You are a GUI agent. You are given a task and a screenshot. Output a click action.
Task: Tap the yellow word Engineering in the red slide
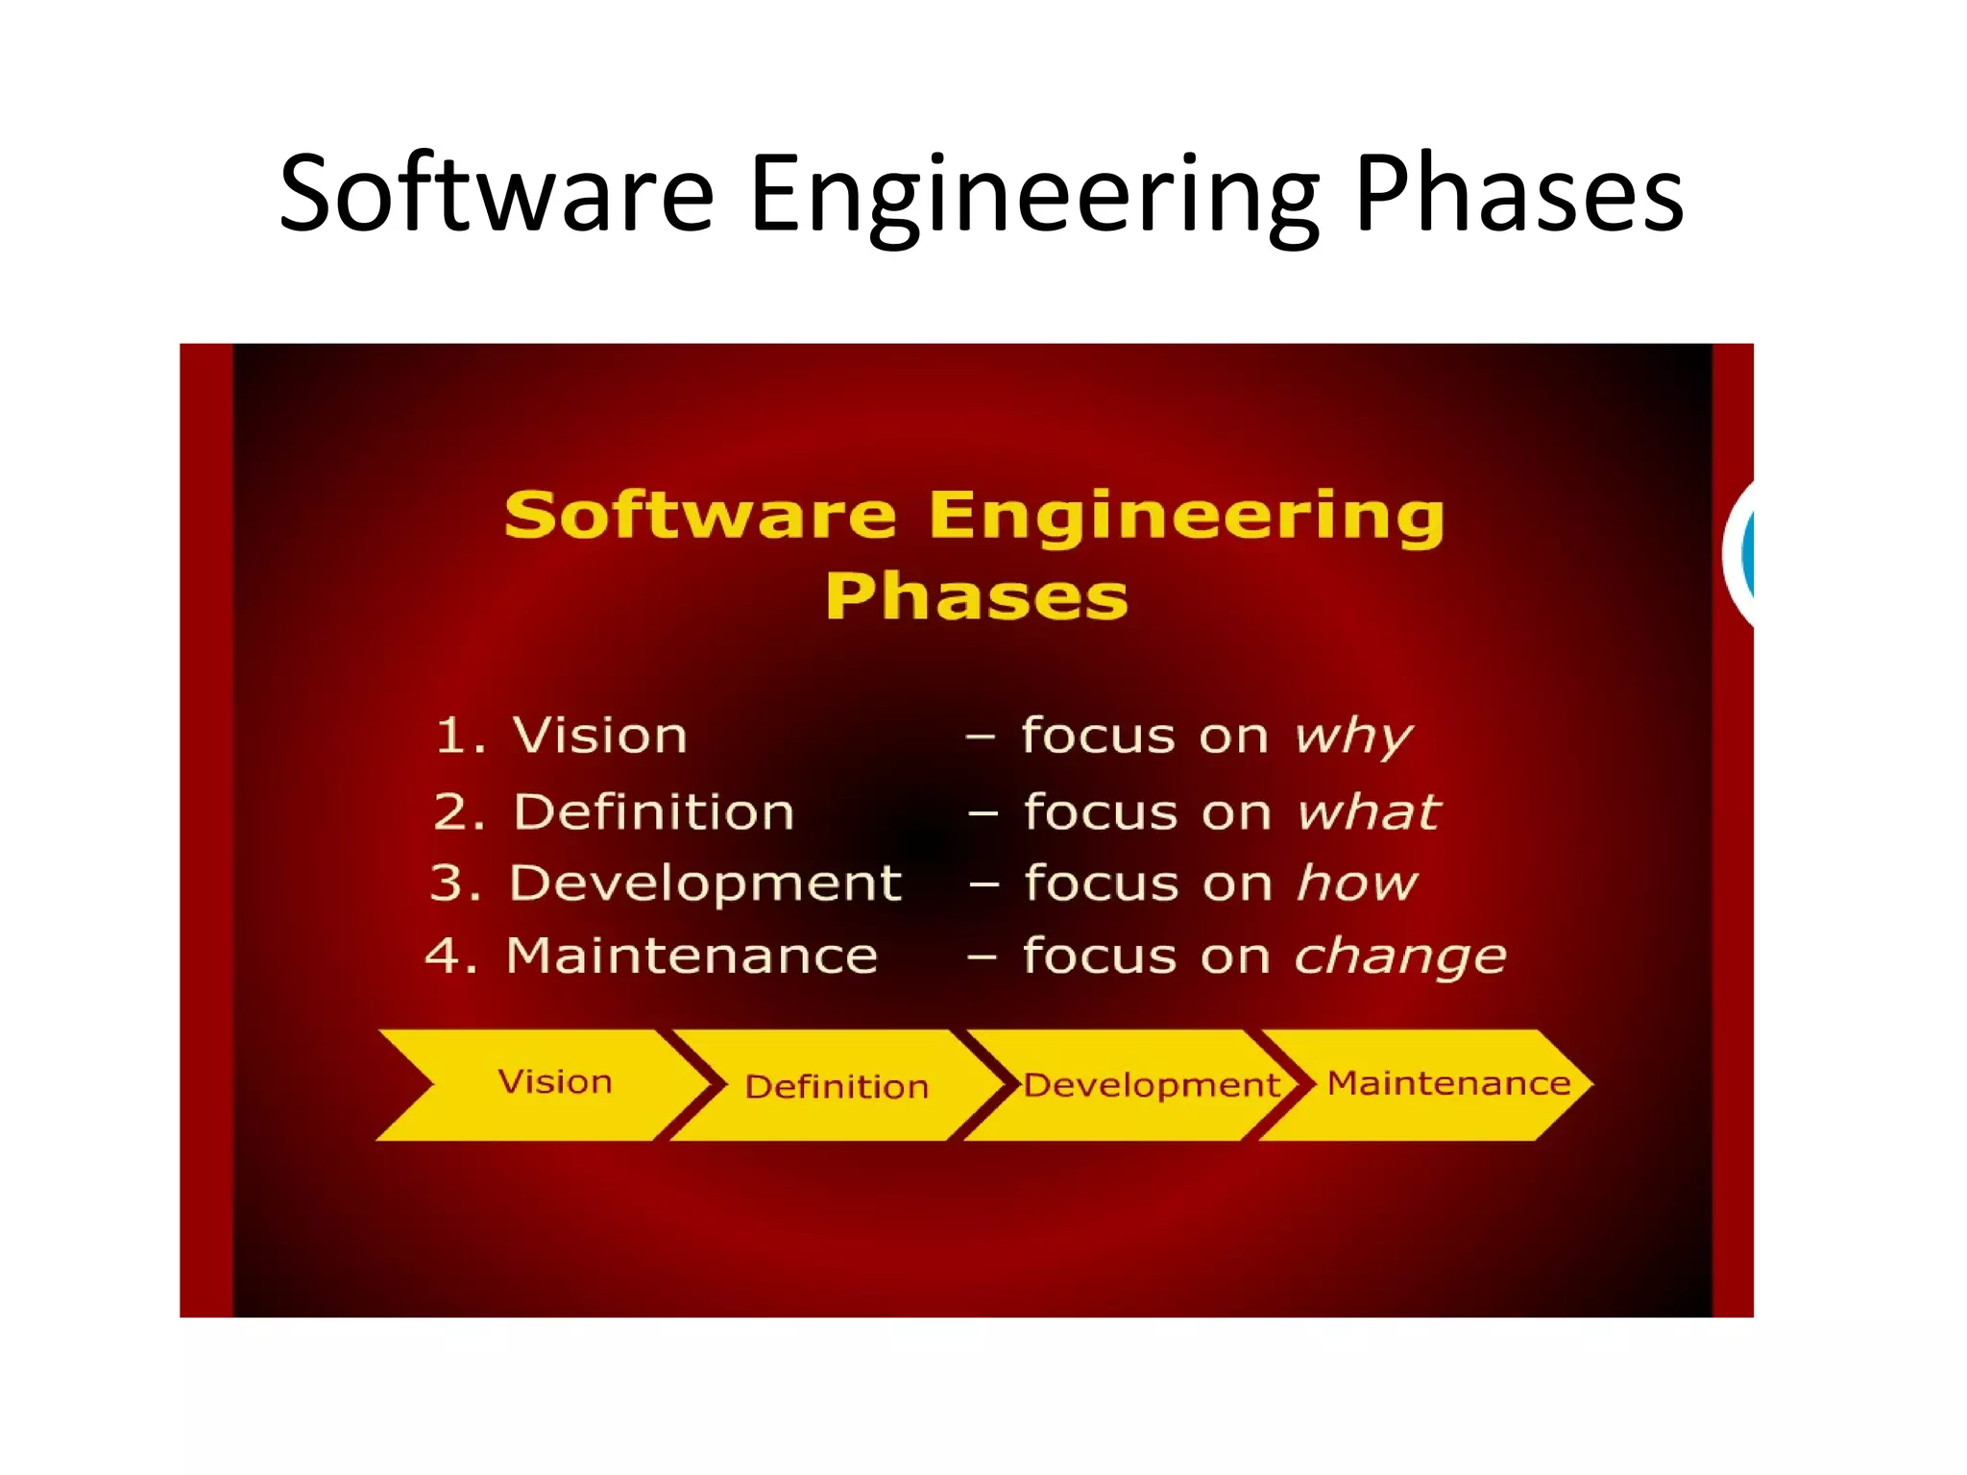[x=1185, y=517]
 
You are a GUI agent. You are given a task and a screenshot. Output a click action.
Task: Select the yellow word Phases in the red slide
[x=976, y=597]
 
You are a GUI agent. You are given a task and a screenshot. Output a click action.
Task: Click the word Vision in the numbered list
[x=600, y=737]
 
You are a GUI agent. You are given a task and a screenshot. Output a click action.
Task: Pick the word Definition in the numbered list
[x=654, y=812]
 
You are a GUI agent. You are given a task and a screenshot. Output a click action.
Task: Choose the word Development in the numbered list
[x=705, y=883]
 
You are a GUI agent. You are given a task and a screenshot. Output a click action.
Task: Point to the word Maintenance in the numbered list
[x=692, y=956]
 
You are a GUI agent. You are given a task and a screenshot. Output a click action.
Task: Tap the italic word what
[x=1368, y=812]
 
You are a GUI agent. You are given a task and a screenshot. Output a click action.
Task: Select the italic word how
[x=1356, y=883]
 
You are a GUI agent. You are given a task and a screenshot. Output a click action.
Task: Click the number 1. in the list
[x=460, y=737]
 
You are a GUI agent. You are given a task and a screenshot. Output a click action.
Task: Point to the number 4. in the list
[x=450, y=956]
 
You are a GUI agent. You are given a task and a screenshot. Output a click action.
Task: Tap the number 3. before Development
[x=455, y=883]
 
